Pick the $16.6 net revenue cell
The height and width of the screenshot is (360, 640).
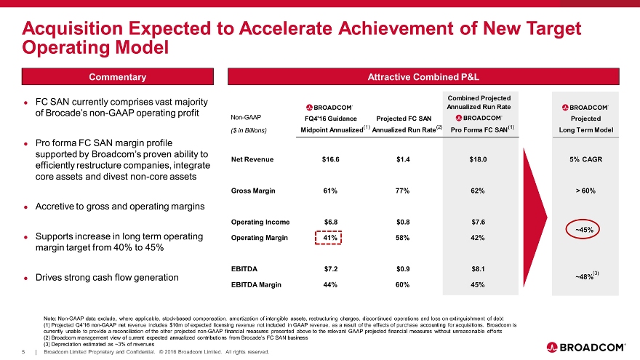[330, 159]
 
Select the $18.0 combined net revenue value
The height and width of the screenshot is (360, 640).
[478, 159]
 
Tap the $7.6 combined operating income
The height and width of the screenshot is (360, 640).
[478, 222]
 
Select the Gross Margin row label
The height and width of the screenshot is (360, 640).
[253, 191]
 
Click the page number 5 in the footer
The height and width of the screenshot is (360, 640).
[24, 353]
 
